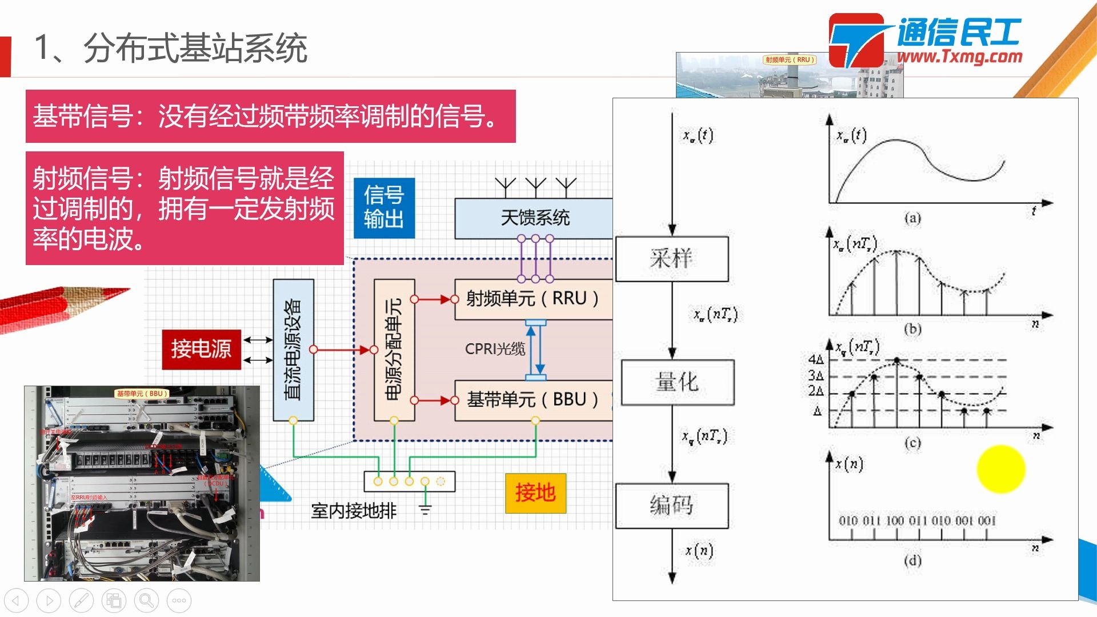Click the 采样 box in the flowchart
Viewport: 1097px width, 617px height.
tap(671, 259)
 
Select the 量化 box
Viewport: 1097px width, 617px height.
tap(677, 382)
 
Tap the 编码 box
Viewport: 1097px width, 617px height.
tap(671, 506)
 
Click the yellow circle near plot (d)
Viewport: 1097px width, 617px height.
tap(1000, 469)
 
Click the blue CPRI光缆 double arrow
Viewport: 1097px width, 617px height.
tap(535, 350)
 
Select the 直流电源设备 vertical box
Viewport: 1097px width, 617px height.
tap(293, 350)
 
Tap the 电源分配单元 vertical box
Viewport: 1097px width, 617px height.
tap(394, 350)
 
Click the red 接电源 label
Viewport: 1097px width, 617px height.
tap(201, 349)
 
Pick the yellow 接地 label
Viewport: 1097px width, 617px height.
tap(535, 493)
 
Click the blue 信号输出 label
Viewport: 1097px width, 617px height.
tap(384, 207)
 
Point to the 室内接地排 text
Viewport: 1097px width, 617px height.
tap(354, 511)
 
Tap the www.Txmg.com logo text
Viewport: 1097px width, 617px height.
tap(959, 57)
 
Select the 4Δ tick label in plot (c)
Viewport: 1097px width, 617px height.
tap(816, 359)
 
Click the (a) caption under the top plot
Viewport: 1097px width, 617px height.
tap(912, 218)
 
